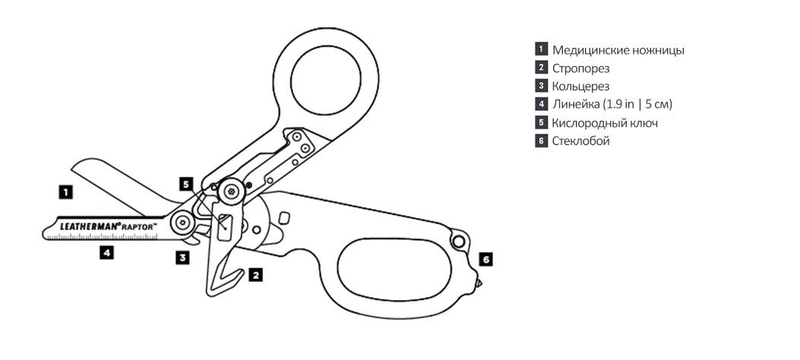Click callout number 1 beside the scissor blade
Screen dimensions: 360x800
click(67, 192)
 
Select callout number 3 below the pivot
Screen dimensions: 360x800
click(182, 257)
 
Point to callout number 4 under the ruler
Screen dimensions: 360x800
click(106, 253)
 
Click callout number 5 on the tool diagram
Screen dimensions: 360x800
click(186, 184)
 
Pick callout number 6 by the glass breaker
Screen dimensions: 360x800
click(486, 259)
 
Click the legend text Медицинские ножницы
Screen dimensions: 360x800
click(618, 50)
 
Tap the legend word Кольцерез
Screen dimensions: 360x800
click(581, 87)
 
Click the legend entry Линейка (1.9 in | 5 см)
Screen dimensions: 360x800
click(612, 105)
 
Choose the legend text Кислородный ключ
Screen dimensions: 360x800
click(605, 123)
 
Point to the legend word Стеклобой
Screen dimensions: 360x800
click(581, 141)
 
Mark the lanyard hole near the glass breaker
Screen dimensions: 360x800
click(458, 241)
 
